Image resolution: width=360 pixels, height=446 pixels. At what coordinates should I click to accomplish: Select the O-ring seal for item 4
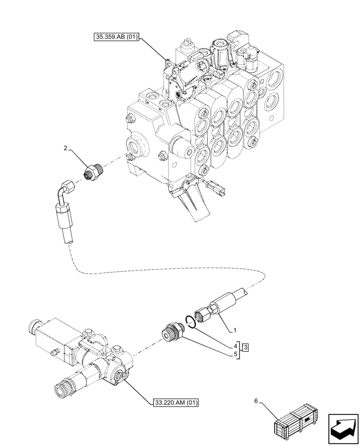click(190, 321)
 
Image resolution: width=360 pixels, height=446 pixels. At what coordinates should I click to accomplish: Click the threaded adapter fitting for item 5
click(171, 333)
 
